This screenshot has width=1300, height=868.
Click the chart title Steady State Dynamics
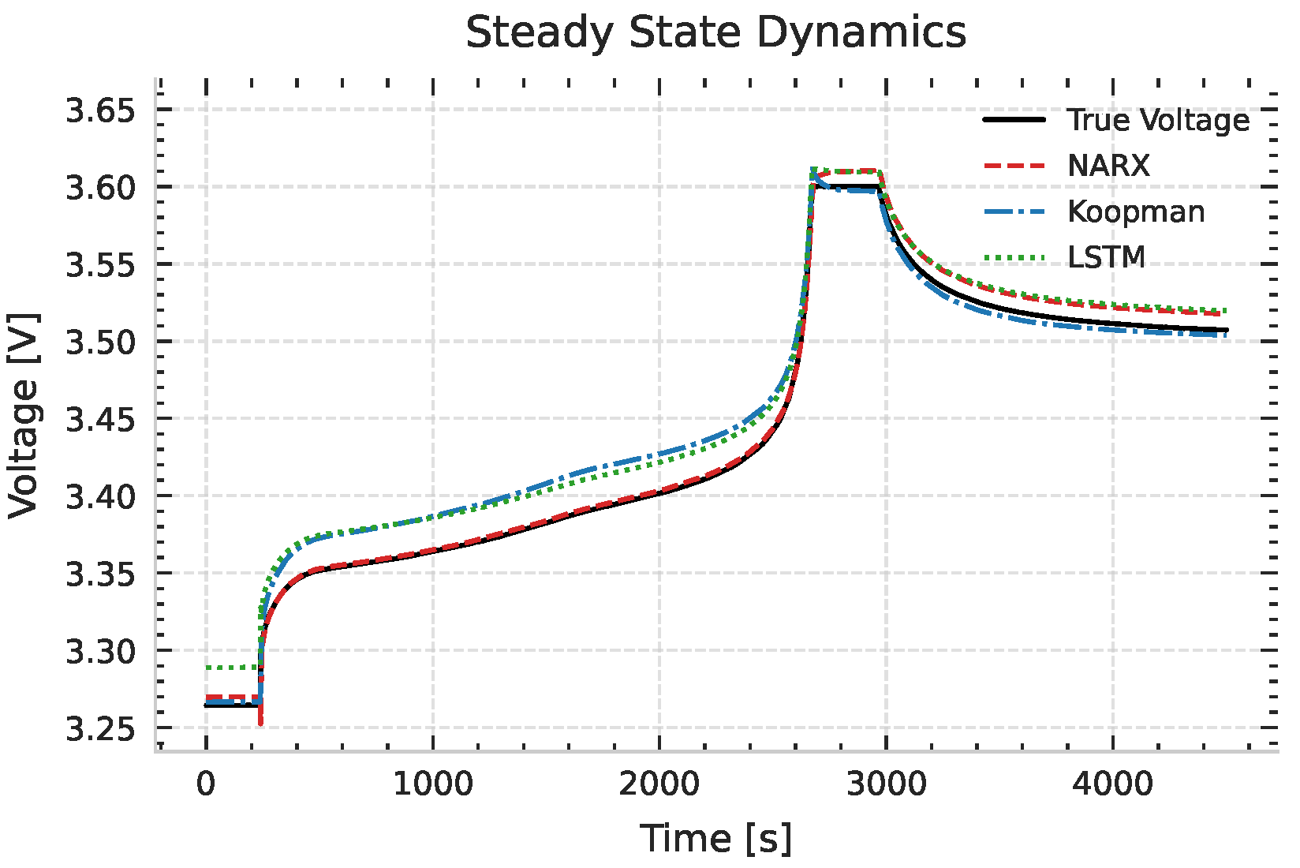pos(715,33)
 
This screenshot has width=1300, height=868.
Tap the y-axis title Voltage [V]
pos(24,416)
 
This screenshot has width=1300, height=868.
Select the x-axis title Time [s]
pos(715,838)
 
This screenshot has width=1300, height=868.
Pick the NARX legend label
pos(1108,166)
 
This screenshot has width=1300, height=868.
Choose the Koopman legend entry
pos(1136,211)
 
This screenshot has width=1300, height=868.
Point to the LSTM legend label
pos(1106,257)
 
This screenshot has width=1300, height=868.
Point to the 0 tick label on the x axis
pos(206,784)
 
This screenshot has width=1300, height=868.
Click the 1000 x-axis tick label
pos(433,784)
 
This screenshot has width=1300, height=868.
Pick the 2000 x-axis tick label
pos(659,784)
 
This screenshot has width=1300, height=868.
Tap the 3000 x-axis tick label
pos(887,784)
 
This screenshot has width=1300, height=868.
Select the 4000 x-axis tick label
pos(1113,784)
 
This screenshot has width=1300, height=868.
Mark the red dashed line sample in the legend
pos(1014,166)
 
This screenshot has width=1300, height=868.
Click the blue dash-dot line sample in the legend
pos(1014,211)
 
